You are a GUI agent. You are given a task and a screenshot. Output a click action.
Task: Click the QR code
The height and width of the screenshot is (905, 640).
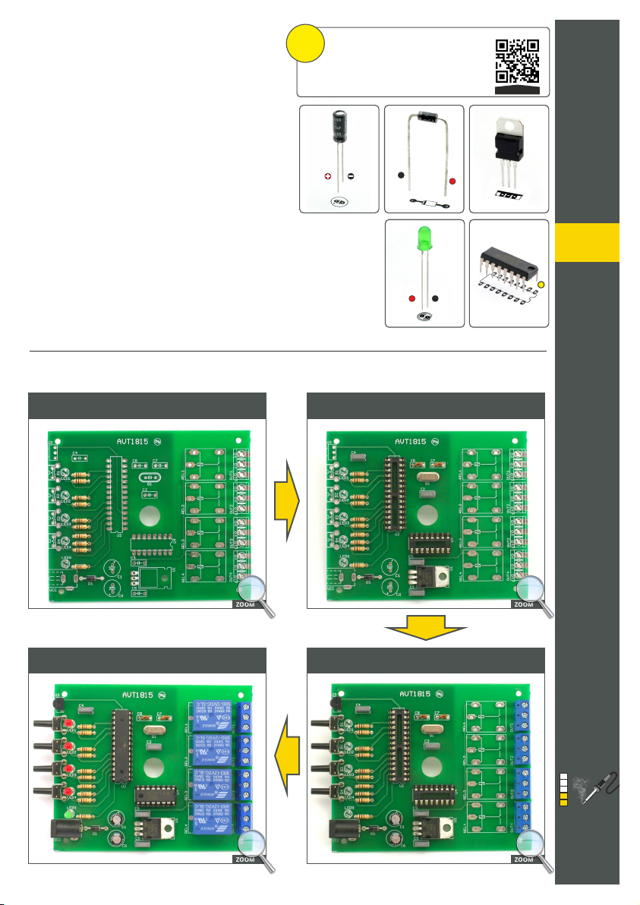point(518,61)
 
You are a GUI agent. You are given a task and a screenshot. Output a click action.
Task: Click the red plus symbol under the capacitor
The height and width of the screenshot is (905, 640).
point(328,177)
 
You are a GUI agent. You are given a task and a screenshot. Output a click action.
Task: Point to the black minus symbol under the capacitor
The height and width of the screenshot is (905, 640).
point(351,177)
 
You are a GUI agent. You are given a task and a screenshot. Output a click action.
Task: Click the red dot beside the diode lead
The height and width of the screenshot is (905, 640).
point(452,182)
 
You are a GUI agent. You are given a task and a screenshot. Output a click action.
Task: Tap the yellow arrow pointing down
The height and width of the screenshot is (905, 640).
point(425,629)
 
